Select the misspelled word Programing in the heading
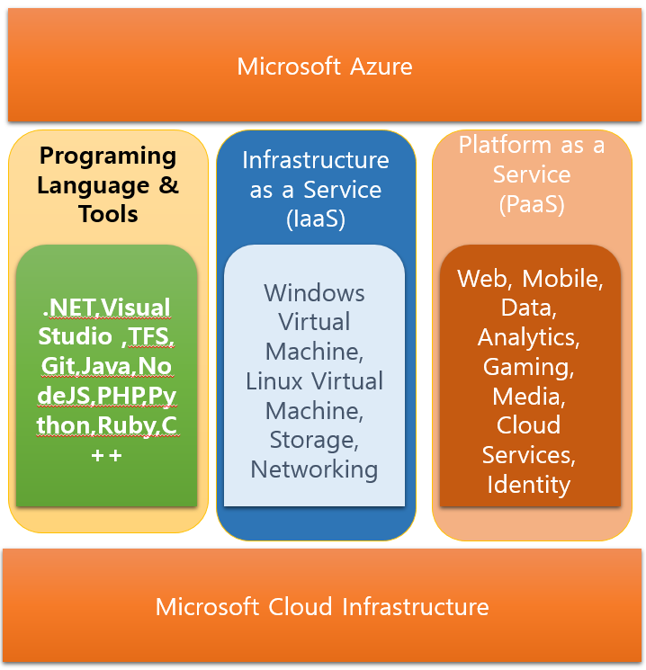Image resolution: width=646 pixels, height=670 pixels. pos(108,156)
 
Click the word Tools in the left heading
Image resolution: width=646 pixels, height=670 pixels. pos(108,214)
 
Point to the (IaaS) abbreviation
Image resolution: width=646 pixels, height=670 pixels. pos(316,219)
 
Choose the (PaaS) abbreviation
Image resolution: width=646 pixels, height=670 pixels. pos(532,204)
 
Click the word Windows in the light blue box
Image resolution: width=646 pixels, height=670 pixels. pos(314,293)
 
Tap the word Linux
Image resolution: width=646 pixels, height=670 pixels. pos(275,381)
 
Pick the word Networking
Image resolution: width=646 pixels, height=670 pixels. pos(314,469)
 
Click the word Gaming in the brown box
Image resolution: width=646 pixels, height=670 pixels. pos(528,367)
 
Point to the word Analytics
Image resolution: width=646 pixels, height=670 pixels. pos(528,338)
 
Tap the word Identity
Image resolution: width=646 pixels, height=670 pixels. pos(529,485)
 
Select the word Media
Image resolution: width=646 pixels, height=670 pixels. pos(528,397)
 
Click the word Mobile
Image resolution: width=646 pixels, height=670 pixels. pos(561,279)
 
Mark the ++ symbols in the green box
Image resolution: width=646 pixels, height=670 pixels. pos(106,455)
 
